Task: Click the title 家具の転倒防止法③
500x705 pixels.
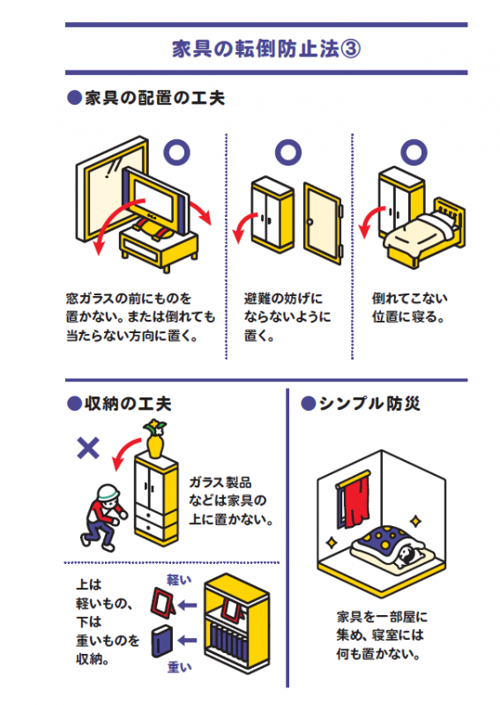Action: pos(265,47)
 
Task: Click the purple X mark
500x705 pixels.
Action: pos(87,449)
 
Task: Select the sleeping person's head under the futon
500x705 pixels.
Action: pos(405,553)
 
